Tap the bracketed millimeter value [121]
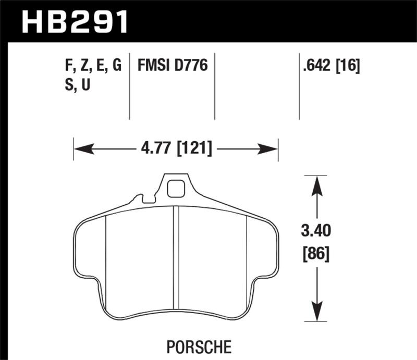[x=193, y=150]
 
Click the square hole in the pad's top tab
[x=176, y=188]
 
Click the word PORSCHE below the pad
[x=200, y=346]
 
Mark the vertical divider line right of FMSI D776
[x=215, y=88]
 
